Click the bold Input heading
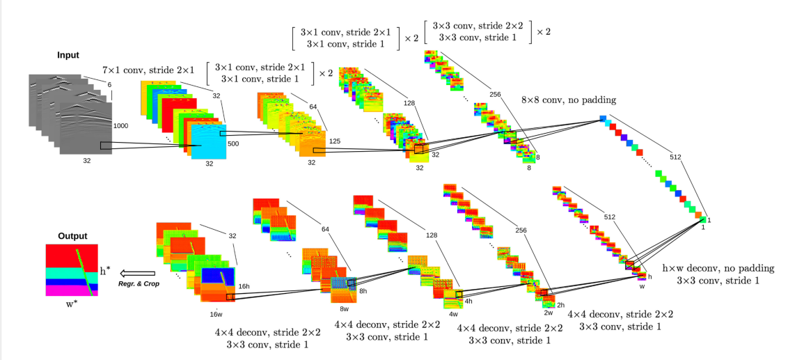(x=68, y=55)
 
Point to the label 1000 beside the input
(x=121, y=125)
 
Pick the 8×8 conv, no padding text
(x=569, y=100)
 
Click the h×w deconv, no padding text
(x=718, y=268)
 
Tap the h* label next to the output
(x=105, y=270)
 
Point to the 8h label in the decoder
(x=363, y=290)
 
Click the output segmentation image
(x=72, y=270)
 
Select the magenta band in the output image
(x=72, y=291)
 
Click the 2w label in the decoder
(x=548, y=313)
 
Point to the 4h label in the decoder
(x=468, y=301)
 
